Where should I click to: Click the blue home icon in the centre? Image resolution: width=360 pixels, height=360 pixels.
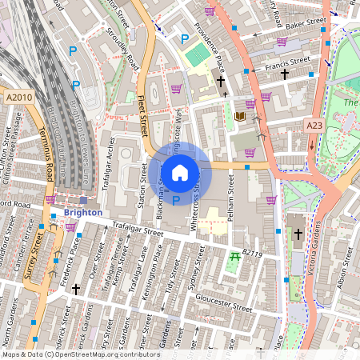pos(180,172)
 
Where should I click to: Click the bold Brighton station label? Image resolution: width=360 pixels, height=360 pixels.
pos(83,213)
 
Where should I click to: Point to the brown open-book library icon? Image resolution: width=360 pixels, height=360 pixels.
pos(239,117)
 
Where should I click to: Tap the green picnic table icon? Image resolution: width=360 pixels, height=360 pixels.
pos(234,257)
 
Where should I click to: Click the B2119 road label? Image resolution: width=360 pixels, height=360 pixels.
pos(252,253)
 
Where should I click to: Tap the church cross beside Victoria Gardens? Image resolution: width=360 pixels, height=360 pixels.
pos(298,234)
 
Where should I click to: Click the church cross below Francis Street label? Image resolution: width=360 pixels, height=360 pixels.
pos(285,74)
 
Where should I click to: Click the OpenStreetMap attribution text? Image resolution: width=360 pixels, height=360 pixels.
pos(80,354)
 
